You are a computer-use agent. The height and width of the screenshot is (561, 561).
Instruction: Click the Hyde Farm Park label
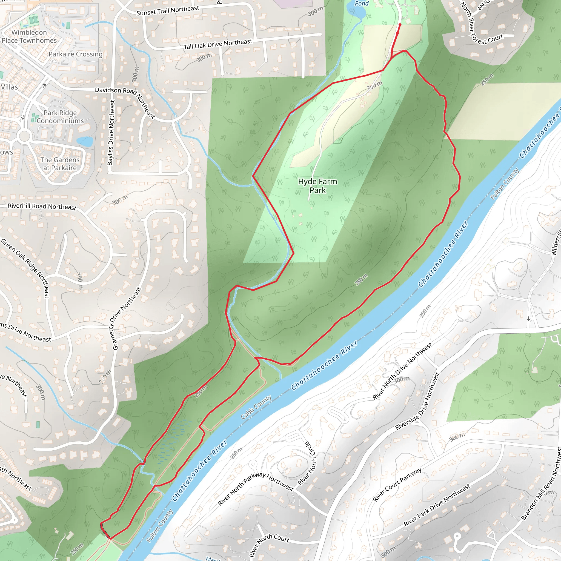(317, 186)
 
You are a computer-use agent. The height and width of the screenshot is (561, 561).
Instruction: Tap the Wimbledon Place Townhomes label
(29, 37)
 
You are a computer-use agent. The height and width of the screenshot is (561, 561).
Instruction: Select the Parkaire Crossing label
(76, 54)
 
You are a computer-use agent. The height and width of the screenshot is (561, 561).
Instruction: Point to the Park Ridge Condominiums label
(60, 117)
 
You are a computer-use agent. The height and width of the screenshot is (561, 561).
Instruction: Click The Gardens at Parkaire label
(60, 164)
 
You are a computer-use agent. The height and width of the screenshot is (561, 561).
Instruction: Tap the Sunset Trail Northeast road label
(168, 11)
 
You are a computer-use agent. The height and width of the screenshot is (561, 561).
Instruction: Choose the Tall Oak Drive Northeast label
(218, 44)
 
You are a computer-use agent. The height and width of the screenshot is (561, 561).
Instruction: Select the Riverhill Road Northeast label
(42, 207)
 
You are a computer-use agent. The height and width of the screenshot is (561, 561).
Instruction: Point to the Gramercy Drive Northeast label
(127, 319)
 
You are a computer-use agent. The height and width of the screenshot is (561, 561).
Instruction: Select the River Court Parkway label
(397, 485)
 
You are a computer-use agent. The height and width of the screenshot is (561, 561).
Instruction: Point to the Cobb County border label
(256, 407)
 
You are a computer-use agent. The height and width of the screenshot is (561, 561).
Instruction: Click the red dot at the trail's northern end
(400, 25)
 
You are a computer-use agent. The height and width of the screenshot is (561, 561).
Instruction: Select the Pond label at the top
(362, 4)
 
